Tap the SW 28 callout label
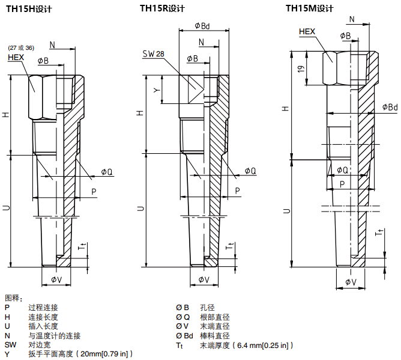[153, 53]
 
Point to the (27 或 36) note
[21, 47]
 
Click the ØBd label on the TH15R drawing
[202, 26]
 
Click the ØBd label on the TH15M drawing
[390, 107]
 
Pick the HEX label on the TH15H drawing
[16, 57]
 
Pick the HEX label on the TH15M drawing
[307, 31]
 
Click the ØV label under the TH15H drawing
[56, 279]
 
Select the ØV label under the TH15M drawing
[351, 282]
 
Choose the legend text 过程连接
[43, 307]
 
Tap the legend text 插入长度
[43, 326]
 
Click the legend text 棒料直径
[214, 336]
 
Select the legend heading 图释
[13, 297]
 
